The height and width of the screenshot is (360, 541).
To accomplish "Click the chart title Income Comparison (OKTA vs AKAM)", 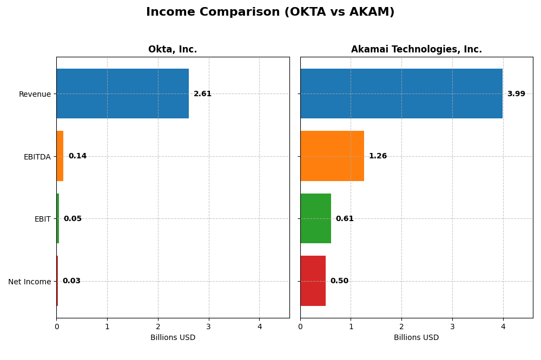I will [270, 12].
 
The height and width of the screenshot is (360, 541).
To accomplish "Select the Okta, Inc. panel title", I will [173, 50].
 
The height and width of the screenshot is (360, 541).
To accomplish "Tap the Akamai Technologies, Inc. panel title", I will [416, 50].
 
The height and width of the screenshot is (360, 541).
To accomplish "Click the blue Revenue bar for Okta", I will [123, 94].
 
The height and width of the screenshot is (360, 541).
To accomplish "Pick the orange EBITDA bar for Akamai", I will [332, 156].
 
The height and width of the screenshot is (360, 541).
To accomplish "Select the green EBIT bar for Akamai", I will [315, 218].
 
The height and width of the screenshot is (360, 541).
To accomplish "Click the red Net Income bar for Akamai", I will [313, 281].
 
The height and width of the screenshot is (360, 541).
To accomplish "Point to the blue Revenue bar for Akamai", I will [401, 94].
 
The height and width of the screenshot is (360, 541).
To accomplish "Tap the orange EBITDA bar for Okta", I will [60, 156].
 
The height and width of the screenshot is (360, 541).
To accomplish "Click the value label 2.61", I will [202, 94].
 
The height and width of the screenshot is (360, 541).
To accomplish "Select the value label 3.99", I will [516, 94].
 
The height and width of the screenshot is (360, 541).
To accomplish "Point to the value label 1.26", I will [378, 156].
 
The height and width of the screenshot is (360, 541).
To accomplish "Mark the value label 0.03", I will [71, 281].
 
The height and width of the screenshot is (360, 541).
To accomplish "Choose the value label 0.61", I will [345, 219].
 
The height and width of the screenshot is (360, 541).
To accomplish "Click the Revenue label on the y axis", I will [35, 94].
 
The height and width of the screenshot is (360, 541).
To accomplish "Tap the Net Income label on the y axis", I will [29, 282].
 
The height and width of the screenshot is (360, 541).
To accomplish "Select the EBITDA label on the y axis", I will [37, 157].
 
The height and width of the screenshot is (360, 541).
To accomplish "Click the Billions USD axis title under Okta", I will [173, 338].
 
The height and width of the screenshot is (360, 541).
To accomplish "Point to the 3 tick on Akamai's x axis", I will [452, 326].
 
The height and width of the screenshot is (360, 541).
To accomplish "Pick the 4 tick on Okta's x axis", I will [259, 326].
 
